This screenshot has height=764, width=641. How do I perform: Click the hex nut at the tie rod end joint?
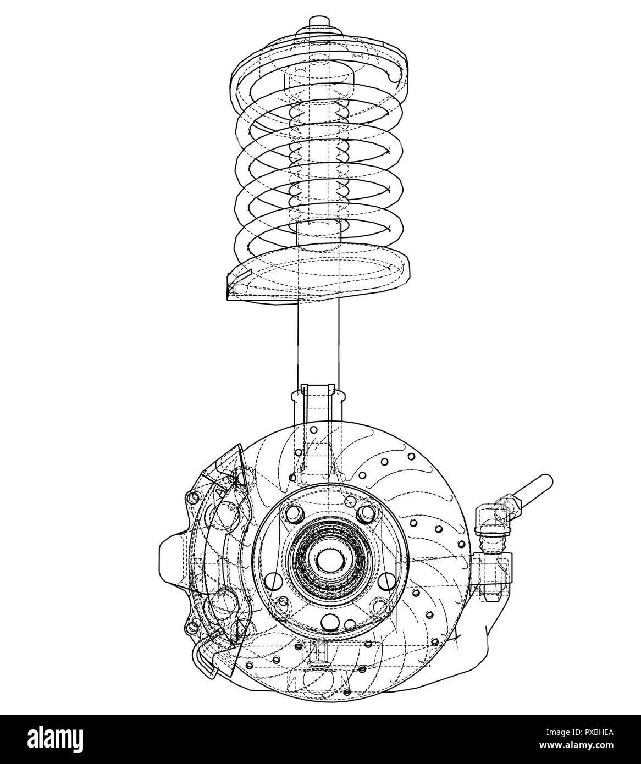point(504,507)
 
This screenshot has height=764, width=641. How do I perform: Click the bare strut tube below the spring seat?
point(318,341)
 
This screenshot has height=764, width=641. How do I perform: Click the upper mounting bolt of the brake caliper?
point(194,497)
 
